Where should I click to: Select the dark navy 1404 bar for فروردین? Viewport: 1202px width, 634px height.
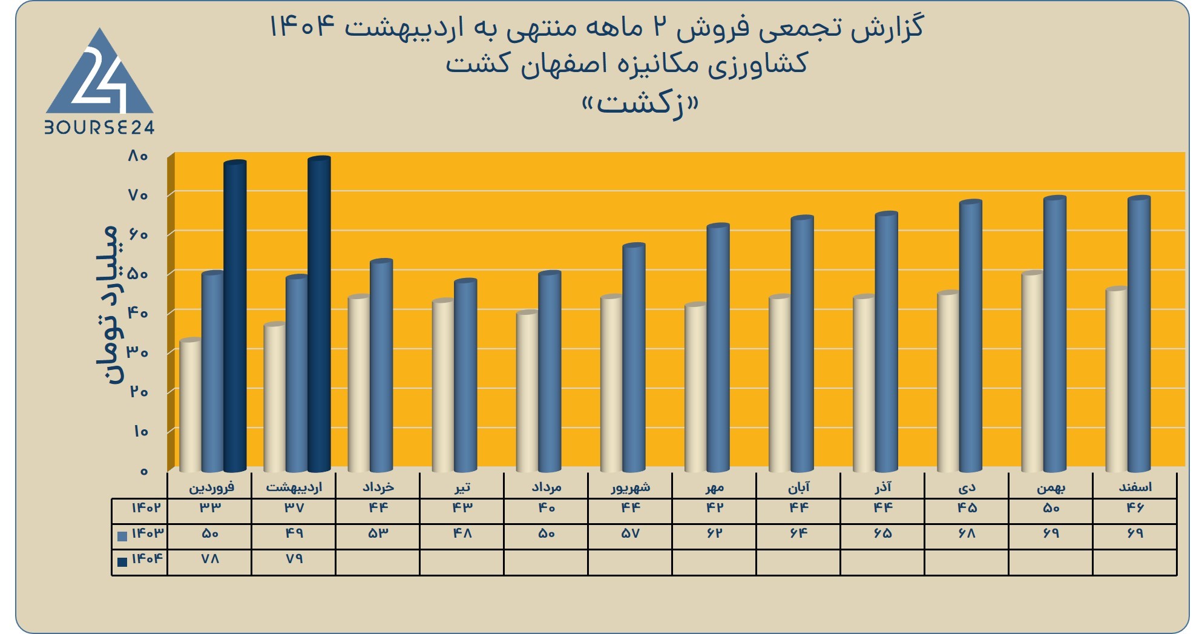235,316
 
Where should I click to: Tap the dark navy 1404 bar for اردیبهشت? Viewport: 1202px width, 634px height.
319,314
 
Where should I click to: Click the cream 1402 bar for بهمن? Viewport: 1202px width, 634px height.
1033,371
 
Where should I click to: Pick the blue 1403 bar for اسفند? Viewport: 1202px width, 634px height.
1138,334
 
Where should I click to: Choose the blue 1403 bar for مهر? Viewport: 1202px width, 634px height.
718,348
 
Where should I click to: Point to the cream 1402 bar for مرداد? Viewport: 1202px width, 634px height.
527,391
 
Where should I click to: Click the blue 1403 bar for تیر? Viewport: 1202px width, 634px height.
465,375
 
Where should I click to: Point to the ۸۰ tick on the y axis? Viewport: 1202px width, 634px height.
138,156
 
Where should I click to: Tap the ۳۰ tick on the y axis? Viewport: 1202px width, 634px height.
138,352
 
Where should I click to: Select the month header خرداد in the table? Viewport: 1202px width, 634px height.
378,487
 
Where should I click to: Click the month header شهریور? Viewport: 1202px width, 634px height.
631,487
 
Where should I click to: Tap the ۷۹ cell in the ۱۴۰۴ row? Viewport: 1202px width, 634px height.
294,558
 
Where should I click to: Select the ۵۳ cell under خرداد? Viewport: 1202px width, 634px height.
378,533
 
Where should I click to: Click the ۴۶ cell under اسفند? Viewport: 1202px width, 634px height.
1135,507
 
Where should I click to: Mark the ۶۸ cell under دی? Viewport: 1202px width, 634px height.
967,533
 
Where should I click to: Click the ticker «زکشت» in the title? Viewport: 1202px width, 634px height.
640,104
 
